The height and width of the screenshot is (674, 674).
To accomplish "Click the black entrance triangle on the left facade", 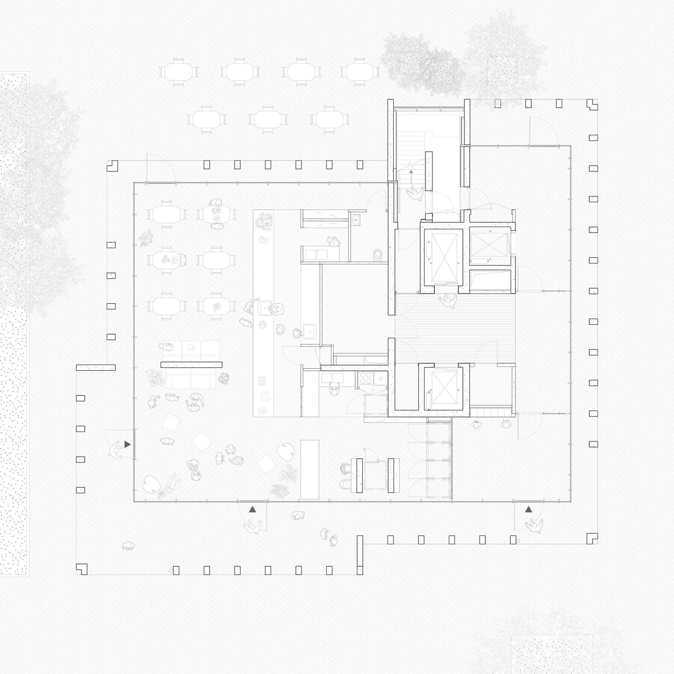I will pos(127,444).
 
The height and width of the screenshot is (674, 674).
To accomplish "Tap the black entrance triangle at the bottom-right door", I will pos(528,509).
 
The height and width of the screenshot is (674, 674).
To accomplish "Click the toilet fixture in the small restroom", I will pos(378,256).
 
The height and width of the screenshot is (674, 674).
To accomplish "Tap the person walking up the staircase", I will pos(415,192).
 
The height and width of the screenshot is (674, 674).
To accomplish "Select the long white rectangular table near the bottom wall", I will pos(308,469).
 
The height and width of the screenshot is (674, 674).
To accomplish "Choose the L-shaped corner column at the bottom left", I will pos(82,569).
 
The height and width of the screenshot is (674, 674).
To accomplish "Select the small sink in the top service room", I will pos(356,218).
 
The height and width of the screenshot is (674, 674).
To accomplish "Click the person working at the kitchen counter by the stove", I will pos(334,388).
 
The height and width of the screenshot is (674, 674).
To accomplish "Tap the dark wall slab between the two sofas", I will pos(191,365).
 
